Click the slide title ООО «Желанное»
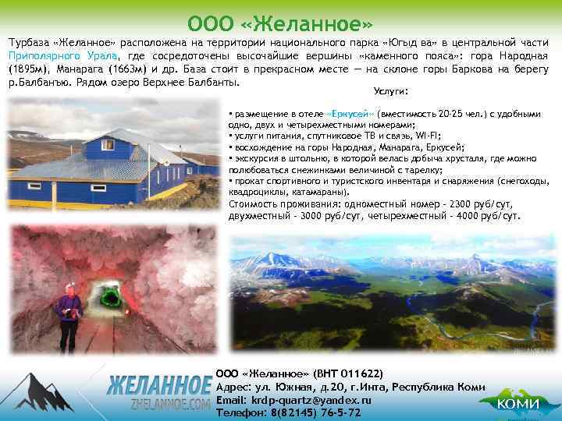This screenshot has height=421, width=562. point(281,19)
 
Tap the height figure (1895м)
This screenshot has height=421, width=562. point(28,69)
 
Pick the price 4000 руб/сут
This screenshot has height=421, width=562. point(489,216)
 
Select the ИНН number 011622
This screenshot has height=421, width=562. point(357,374)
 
